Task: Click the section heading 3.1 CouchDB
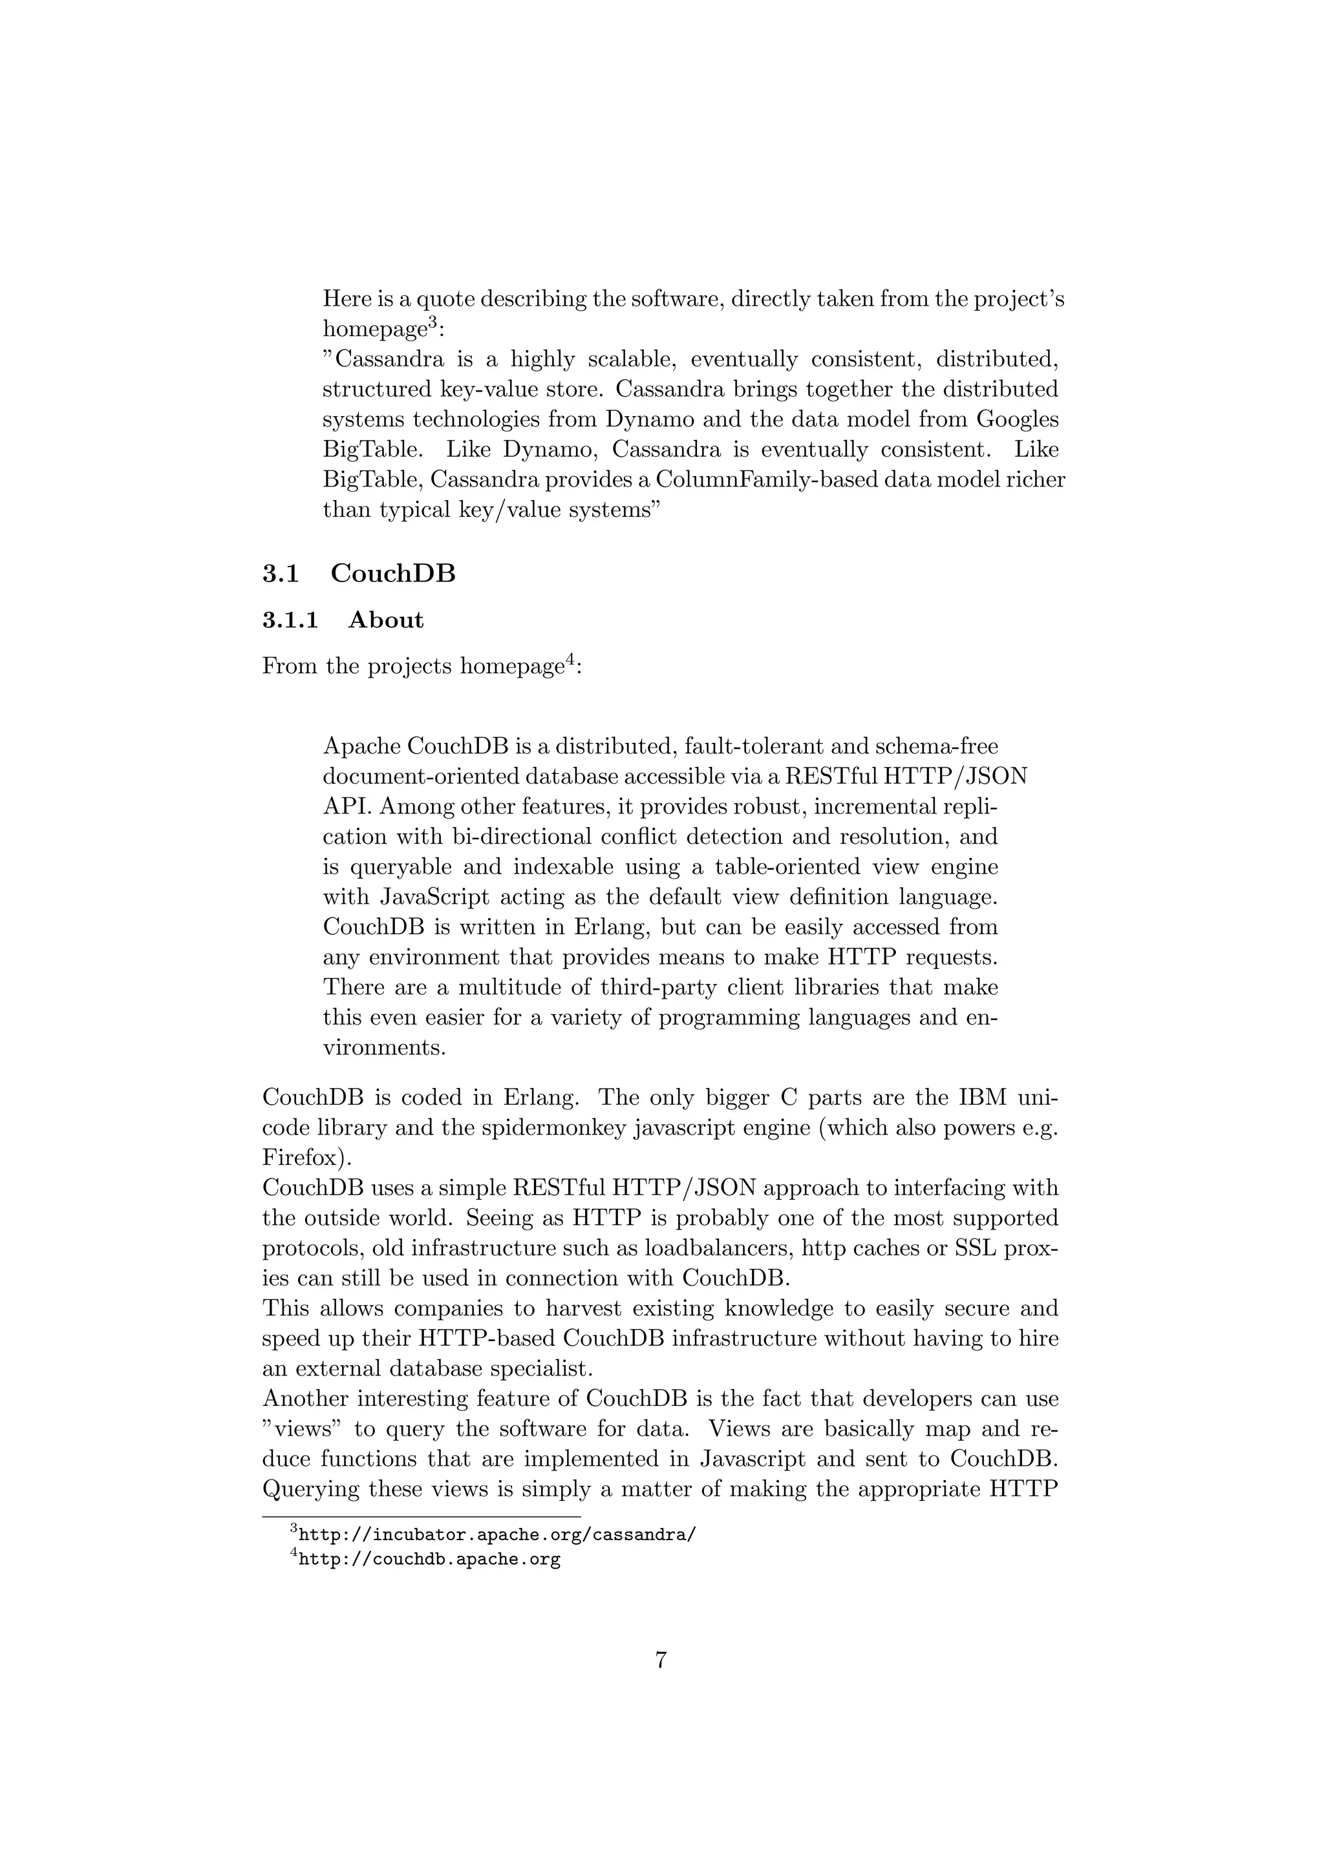359,574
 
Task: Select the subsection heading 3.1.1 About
343,620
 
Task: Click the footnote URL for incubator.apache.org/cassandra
497,1534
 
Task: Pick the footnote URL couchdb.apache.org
430,1560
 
